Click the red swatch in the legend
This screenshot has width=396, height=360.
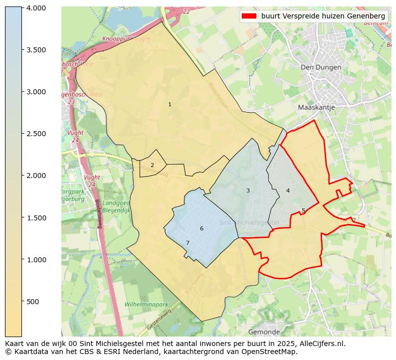[249, 16]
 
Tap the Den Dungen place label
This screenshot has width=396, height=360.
[321, 67]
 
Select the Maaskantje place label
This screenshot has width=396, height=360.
[316, 107]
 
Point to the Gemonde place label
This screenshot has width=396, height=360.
[264, 332]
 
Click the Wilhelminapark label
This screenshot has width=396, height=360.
[146, 304]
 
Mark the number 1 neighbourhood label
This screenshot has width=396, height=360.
[170, 104]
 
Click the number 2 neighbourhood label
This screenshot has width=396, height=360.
[152, 165]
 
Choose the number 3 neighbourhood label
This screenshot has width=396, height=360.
[248, 190]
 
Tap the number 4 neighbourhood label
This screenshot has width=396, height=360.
[288, 190]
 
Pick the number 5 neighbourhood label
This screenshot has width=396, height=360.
[303, 210]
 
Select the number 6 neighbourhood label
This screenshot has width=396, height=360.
[201, 228]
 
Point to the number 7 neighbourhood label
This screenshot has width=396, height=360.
[188, 243]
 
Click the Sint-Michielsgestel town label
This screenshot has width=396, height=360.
[249, 222]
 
